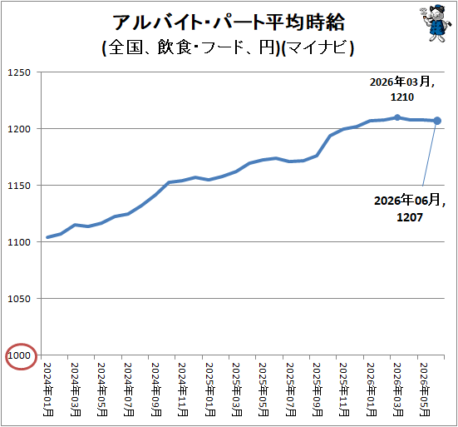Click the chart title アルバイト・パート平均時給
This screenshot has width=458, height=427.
coord(229,22)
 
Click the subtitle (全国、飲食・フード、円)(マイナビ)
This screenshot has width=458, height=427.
coord(228,47)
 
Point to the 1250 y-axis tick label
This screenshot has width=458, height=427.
coord(19,72)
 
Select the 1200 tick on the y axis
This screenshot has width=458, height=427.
coord(19,129)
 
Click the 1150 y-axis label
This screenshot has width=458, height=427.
coord(19,186)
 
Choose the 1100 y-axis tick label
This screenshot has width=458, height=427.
coord(19,242)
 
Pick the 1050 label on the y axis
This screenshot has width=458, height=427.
coord(19,299)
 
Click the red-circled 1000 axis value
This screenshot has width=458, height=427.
coord(19,355)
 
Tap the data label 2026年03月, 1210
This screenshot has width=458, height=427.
coord(402,89)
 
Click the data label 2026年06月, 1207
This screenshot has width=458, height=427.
coord(410,208)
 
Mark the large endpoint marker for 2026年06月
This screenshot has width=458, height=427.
coord(437,121)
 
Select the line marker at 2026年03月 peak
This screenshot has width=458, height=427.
coord(397,117)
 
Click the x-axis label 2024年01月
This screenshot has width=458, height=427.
coord(48,390)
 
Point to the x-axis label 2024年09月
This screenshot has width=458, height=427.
coord(155,390)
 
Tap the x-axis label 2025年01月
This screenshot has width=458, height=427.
coord(209,390)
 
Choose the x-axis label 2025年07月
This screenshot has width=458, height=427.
coord(290,390)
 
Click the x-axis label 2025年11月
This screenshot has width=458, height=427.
coord(344,390)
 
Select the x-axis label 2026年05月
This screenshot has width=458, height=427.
coord(425,390)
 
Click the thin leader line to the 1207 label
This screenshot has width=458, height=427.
coord(430,155)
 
